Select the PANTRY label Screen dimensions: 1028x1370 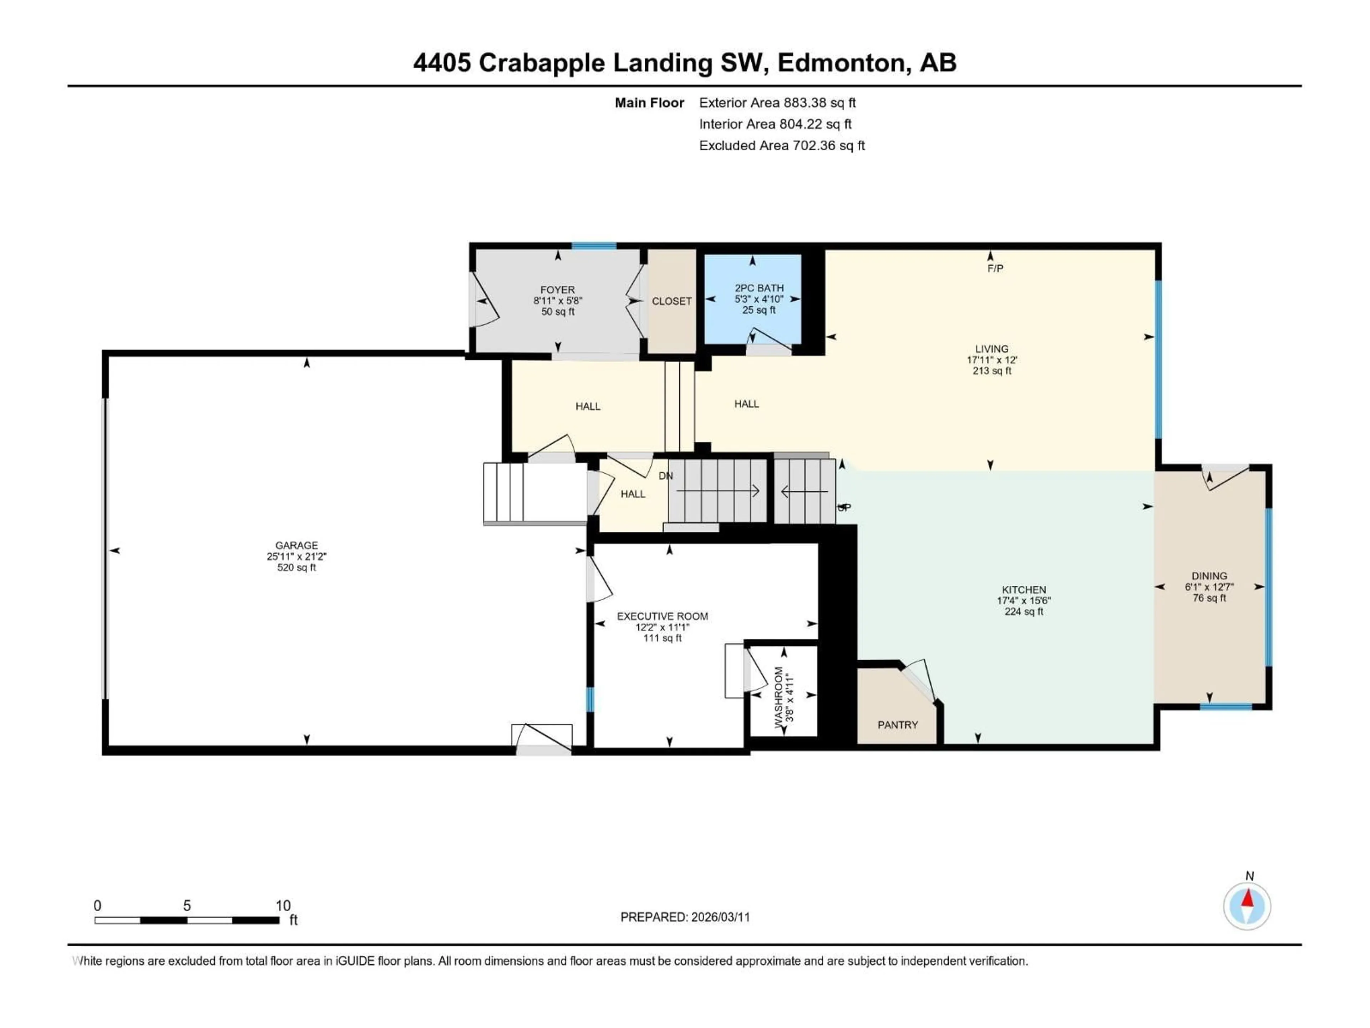click(897, 725)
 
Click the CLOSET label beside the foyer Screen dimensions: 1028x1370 click(671, 301)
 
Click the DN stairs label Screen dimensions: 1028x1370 click(666, 476)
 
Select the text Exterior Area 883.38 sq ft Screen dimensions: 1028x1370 click(777, 103)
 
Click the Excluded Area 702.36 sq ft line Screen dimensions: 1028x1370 click(782, 146)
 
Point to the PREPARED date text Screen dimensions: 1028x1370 click(685, 917)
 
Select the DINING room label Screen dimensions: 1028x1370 click(1209, 576)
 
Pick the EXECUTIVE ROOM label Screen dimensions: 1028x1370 click(662, 616)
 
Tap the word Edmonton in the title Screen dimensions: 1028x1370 click(843, 62)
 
